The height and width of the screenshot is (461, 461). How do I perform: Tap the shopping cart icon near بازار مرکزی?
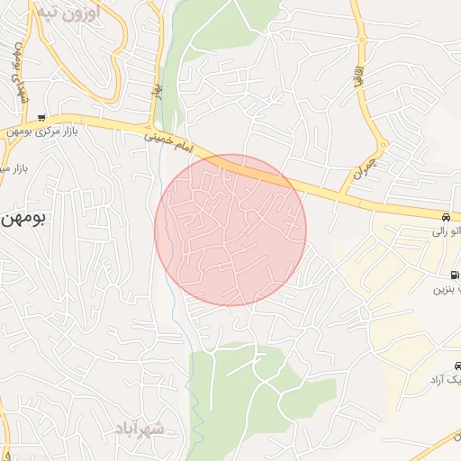pyautogui.click(x=41, y=118)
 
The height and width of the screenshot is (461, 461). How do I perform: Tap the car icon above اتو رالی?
pyautogui.click(x=446, y=218)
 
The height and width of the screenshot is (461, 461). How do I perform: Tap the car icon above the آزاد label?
pyautogui.click(x=458, y=366)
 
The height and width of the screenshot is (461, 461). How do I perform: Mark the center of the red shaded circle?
pyautogui.click(x=230, y=230)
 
